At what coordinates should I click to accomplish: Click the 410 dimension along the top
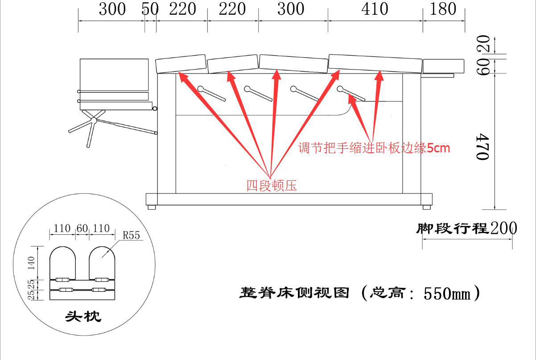tap(375, 9)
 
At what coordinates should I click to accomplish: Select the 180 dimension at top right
tap(443, 9)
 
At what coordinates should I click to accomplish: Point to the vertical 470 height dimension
tap(482, 146)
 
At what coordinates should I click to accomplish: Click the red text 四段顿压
tap(272, 185)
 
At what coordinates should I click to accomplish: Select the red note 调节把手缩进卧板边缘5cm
tap(374, 148)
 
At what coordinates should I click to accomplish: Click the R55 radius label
tap(132, 235)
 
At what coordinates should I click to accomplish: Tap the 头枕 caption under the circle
tap(83, 317)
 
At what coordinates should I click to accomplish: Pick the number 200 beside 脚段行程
tap(503, 229)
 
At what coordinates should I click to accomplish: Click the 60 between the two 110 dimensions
tap(82, 229)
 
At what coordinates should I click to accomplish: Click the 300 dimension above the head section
tap(112, 9)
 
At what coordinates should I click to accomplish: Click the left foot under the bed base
tap(152, 207)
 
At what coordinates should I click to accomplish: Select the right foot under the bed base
tap(427, 207)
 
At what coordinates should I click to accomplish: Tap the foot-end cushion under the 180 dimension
tap(444, 66)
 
